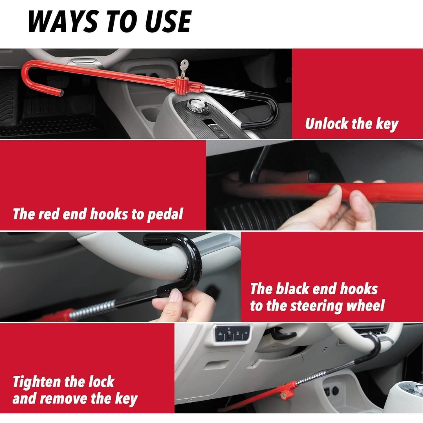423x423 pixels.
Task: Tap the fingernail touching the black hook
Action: (x=176, y=296)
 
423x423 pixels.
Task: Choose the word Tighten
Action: (x=37, y=382)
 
